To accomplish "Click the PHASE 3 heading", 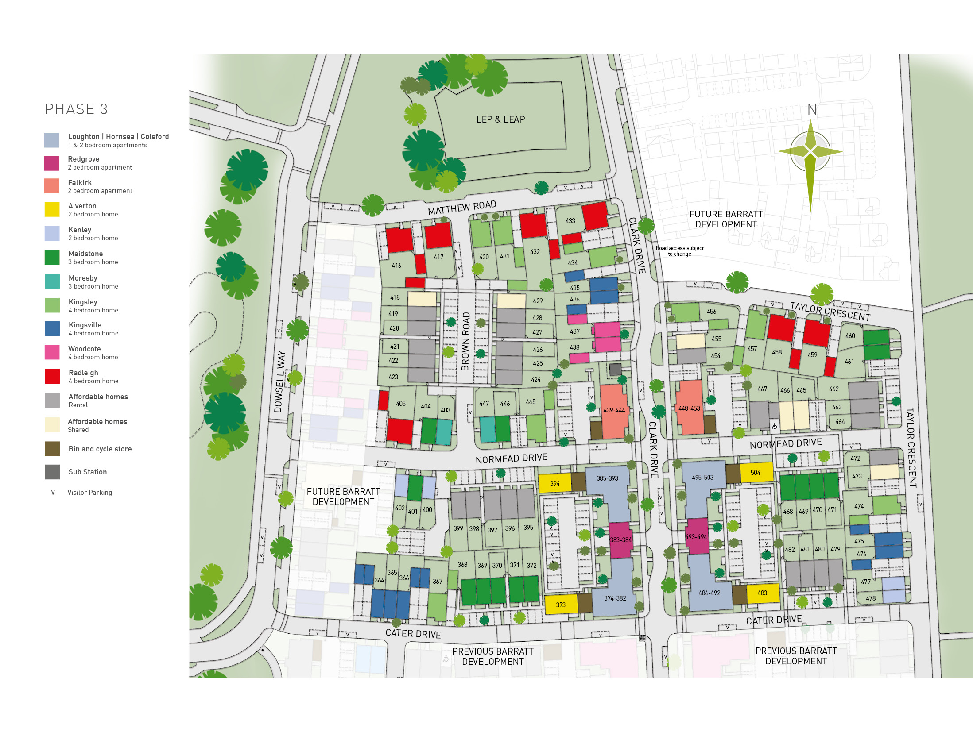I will pos(76,109).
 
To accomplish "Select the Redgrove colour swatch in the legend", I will pos(52,163).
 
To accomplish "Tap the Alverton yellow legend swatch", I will pos(52,209).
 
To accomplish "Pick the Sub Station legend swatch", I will pos(52,472).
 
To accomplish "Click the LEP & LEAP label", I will pos(500,119).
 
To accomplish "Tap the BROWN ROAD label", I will pos(465,341).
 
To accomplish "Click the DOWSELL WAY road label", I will pos(280,381).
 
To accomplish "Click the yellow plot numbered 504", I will pos(756,473).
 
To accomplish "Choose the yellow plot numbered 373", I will pos(561,605).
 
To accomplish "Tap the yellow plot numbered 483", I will pos(762,593).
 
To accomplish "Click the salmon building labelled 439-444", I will pos(614,410).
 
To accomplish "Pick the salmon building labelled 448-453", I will pos(689,408).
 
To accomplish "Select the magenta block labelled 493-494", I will pos(696,536).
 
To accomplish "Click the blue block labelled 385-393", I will pos(607,478).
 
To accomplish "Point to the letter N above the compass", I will pos(812,110).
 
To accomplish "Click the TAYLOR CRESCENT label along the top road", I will pos(830,312).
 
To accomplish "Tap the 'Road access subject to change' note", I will pos(679,251).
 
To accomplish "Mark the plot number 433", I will pos(570,220).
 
